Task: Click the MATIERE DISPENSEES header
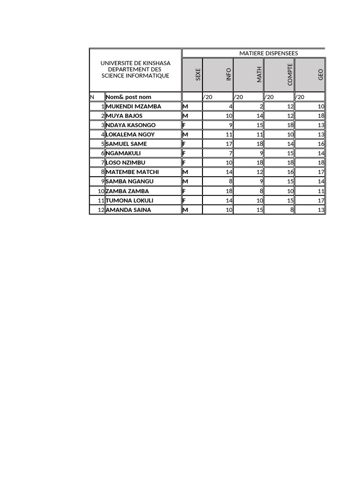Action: [269, 53]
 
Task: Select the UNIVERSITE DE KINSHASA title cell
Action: [135, 69]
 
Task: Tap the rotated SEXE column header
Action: [198, 75]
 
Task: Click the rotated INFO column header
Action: [229, 74]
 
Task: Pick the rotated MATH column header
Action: [259, 74]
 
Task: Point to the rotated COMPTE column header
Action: [290, 74]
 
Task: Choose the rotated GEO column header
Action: [321, 74]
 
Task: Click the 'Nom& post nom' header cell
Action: [129, 97]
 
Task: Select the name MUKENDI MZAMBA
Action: [134, 106]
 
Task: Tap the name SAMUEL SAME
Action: [127, 144]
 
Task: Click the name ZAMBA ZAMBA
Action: [127, 191]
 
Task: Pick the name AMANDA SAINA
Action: [128, 210]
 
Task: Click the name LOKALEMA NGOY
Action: [130, 135]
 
